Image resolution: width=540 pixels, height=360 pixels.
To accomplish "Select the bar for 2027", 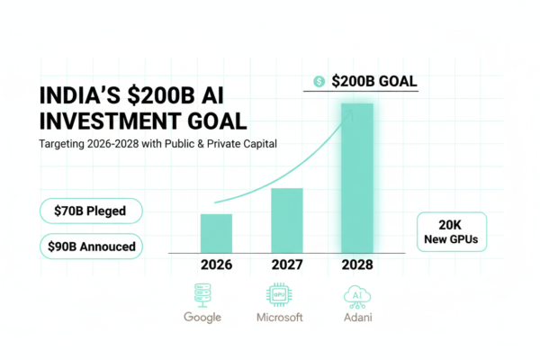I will click(x=286, y=220).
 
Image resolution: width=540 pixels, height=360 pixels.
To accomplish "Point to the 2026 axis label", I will click(x=216, y=265).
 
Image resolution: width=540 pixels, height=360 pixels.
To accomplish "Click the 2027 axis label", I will click(x=286, y=265).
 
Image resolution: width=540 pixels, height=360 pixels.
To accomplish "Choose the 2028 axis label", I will click(x=358, y=265).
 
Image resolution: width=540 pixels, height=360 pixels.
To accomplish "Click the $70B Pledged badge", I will click(x=91, y=211).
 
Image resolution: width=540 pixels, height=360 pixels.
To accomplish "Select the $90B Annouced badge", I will click(x=91, y=246).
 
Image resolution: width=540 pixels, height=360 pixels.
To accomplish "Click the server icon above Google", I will click(x=202, y=293).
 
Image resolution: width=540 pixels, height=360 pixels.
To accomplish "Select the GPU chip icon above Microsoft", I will click(x=278, y=293).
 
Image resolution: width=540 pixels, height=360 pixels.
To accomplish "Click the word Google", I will click(x=202, y=318).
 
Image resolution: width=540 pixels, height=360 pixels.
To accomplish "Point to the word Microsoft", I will click(x=278, y=318).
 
